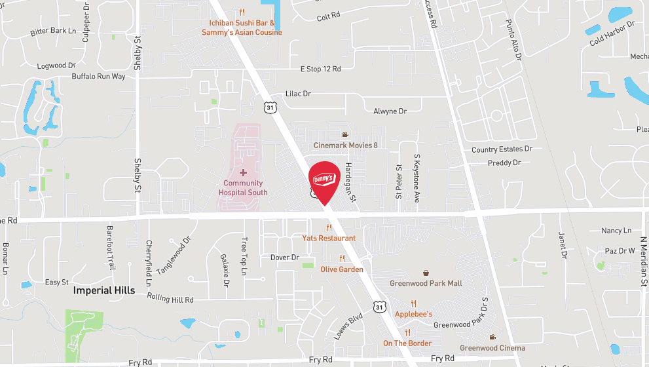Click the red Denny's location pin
coord(324,179)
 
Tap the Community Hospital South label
coord(243,188)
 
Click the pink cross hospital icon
coord(243,172)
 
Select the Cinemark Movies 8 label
coord(345,145)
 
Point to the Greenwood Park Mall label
coord(426,283)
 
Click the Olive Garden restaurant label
coord(342,269)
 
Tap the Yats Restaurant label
coord(329,238)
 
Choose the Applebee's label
coord(413,314)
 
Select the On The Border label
coord(407,343)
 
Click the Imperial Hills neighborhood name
coord(104,290)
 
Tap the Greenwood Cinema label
coord(492,348)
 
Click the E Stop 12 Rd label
coord(321,69)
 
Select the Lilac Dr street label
coord(298,94)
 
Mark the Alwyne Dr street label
coord(390,111)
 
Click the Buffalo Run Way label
coord(98,77)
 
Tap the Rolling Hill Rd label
coord(170,299)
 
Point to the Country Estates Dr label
coord(502,149)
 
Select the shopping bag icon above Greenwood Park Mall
coord(426,273)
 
